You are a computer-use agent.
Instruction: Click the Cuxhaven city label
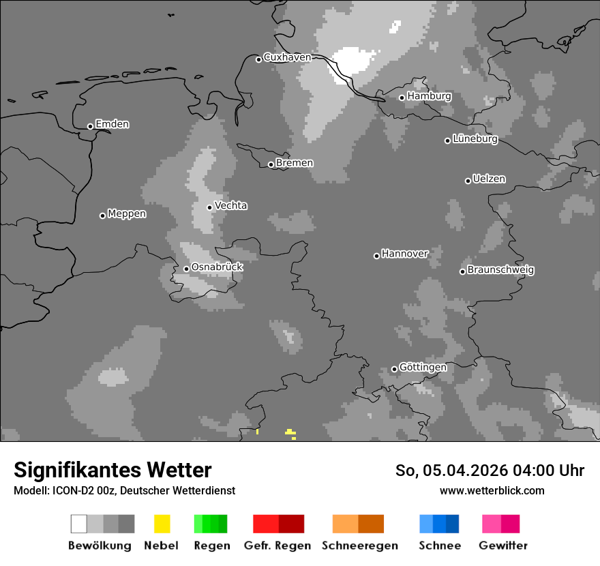pyautogui.click(x=287, y=57)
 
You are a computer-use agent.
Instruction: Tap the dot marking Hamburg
pyautogui.click(x=402, y=98)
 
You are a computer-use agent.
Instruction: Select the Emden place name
pyautogui.click(x=112, y=124)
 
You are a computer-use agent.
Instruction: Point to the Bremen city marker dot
pyautogui.click(x=271, y=164)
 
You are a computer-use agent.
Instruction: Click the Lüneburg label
pyautogui.click(x=475, y=139)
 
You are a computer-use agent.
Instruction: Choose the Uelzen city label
pyautogui.click(x=489, y=179)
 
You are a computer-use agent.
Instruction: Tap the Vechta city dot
pyautogui.click(x=210, y=207)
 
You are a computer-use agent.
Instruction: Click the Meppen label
pyautogui.click(x=127, y=214)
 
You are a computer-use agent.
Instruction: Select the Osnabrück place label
pyautogui.click(x=217, y=267)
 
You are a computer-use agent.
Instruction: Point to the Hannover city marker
pyautogui.click(x=376, y=256)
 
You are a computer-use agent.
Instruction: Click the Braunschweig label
pyautogui.click(x=500, y=270)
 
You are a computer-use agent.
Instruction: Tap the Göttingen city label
pyautogui.click(x=423, y=368)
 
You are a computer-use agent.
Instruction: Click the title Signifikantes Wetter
pyautogui.click(x=112, y=471)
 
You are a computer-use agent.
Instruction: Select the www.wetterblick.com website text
pyautogui.click(x=492, y=491)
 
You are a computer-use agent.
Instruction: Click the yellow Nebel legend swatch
pyautogui.click(x=162, y=524)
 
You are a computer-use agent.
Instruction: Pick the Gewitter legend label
pyautogui.click(x=503, y=546)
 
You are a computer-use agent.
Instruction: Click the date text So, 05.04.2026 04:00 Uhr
pyautogui.click(x=490, y=471)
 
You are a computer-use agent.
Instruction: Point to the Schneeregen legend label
pyautogui.click(x=359, y=546)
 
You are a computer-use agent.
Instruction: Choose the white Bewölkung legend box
pyautogui.click(x=79, y=524)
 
